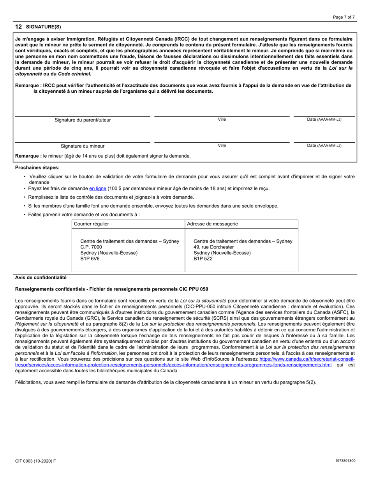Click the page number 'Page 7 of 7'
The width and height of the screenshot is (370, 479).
tap(344, 17)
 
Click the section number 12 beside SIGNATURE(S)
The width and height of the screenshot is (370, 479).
tap(18, 27)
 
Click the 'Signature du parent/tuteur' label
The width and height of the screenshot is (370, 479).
tap(83, 120)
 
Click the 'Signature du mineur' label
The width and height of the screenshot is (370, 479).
tap(83, 146)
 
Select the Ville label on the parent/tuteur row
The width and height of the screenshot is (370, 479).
tap(222, 120)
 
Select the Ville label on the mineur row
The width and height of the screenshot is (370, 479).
tap(222, 146)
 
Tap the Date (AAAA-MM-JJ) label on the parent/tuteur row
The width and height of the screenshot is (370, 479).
tap(324, 120)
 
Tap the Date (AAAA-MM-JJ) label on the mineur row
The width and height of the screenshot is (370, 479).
tap(324, 146)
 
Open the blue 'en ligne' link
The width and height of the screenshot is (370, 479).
tap(98, 188)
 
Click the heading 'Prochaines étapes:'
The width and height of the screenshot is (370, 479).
tap(37, 167)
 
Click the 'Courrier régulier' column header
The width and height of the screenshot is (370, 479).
tap(92, 224)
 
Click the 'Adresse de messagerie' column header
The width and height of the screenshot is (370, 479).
tap(212, 224)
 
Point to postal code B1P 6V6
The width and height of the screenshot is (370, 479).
tap(90, 259)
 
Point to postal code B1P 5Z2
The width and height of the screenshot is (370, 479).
tap(203, 259)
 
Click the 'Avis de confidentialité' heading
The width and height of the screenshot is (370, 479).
tap(41, 278)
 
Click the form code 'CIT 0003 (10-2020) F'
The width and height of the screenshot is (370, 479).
tap(35, 461)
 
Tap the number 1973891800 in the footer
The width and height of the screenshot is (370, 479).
tap(345, 461)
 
